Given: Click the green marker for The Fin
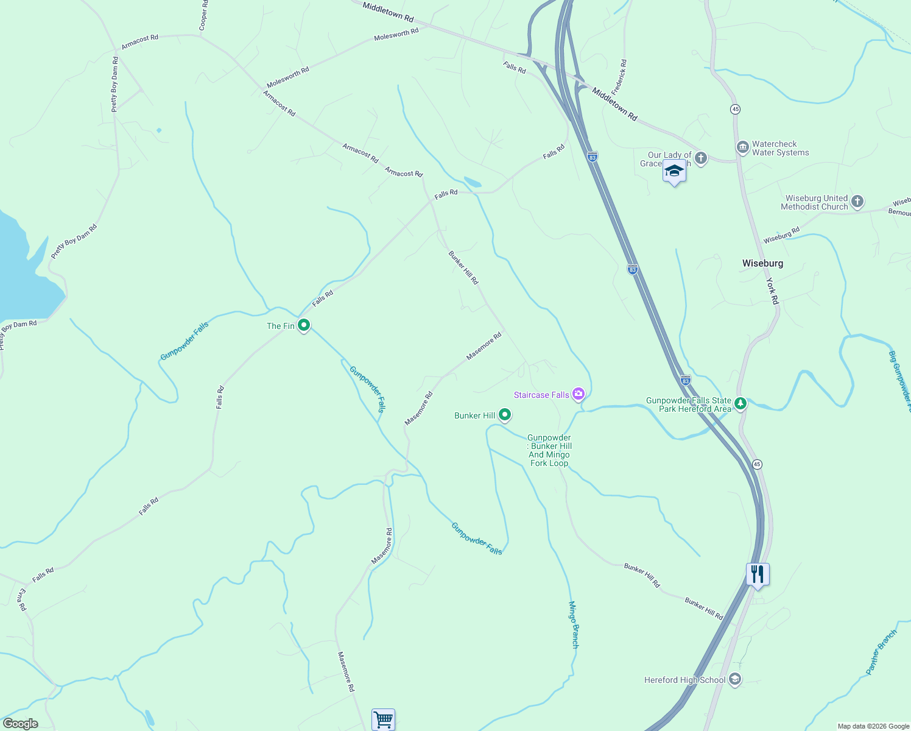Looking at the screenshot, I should tap(303, 325).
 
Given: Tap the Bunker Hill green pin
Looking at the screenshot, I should tap(504, 415).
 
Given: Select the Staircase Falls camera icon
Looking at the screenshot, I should tap(579, 394).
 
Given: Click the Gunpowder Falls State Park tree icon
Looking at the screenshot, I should tap(740, 403).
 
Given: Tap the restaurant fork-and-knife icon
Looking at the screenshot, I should tap(758, 574).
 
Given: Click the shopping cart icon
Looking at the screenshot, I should tap(383, 720).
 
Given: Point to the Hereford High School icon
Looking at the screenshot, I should tap(735, 679).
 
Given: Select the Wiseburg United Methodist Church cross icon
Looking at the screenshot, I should tap(857, 202).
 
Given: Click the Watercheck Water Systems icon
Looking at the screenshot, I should tap(742, 147).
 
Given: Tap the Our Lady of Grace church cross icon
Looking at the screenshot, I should tap(700, 158).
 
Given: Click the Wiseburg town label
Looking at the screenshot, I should tap(762, 263).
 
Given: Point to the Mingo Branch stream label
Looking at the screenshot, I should tap(573, 624).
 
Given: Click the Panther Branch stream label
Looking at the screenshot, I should tap(881, 652).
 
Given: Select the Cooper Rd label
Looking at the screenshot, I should tap(203, 16).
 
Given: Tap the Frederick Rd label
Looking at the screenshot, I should tap(619, 76).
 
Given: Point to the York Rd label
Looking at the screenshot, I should tap(772, 291).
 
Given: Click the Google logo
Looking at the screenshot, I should tap(20, 724).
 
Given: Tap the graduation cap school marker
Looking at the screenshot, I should tap(674, 172).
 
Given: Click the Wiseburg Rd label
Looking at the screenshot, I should tap(781, 235).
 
